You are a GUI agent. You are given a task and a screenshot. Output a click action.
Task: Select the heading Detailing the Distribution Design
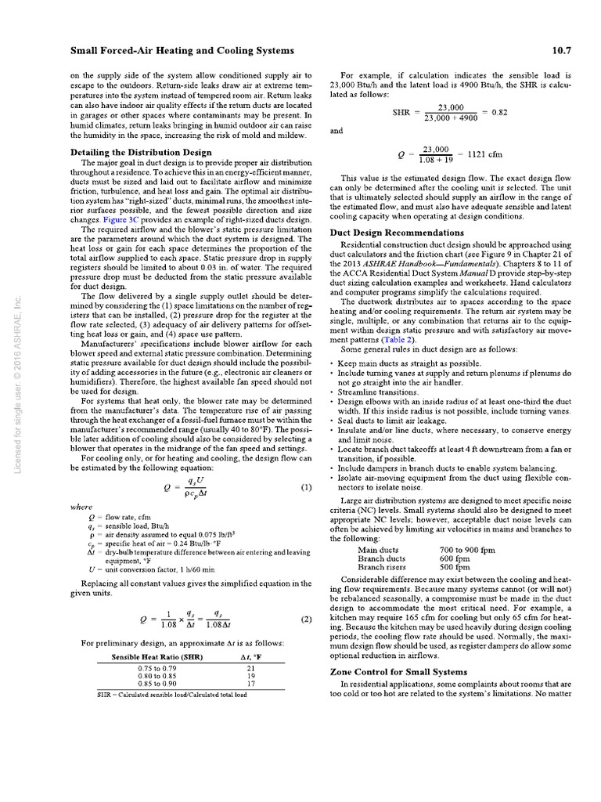[x=141, y=151]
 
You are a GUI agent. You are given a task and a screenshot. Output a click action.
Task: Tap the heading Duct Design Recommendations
[x=397, y=233]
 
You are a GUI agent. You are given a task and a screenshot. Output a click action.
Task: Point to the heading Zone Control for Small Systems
[x=399, y=671]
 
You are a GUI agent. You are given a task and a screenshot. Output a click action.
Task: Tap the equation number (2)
[x=306, y=619]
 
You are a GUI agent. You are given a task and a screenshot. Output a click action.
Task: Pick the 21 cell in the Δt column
[x=251, y=668]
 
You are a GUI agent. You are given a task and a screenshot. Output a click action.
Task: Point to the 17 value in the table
[x=251, y=684]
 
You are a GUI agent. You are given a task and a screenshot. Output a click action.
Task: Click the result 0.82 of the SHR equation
[x=498, y=112]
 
